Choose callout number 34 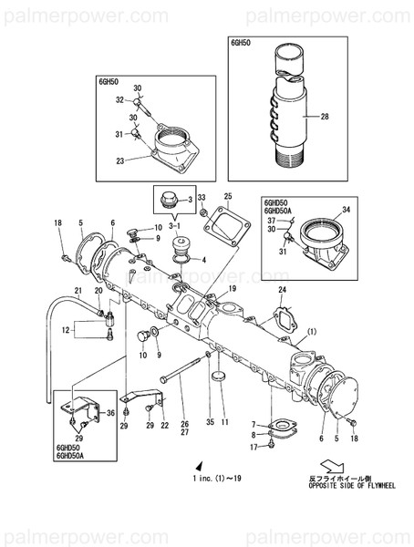click(346, 211)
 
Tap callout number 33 click(202, 198)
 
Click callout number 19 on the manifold click(233, 288)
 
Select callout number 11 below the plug click(224, 422)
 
